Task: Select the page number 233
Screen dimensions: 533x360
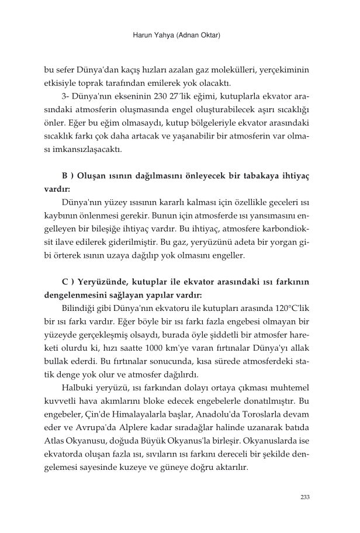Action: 303,497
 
